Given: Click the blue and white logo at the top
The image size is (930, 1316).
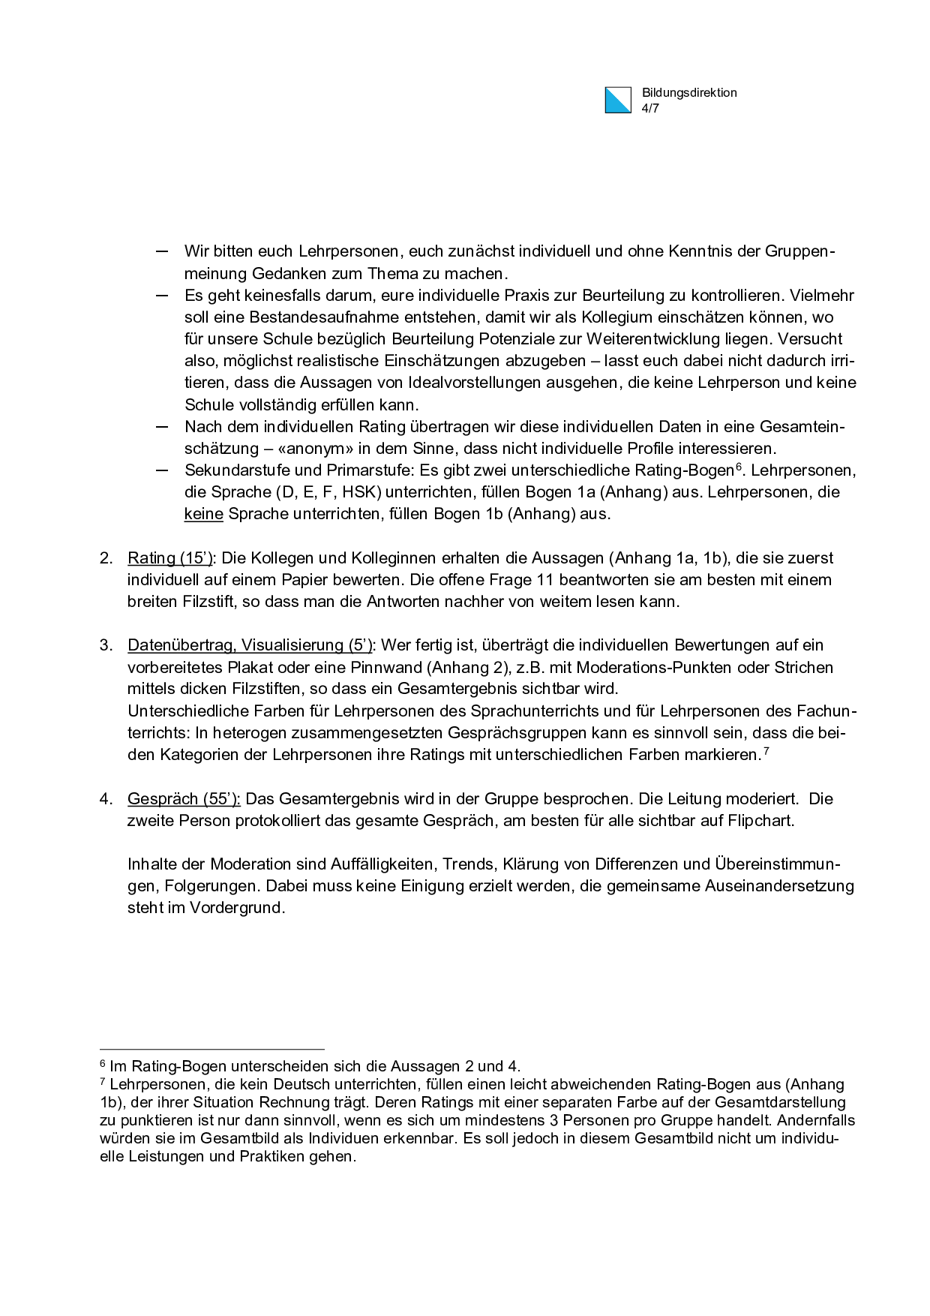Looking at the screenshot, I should pyautogui.click(x=618, y=101).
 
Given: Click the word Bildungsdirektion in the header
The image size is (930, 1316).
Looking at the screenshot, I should pyautogui.click(x=689, y=93).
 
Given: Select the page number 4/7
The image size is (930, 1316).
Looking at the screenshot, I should pyautogui.click(x=650, y=108).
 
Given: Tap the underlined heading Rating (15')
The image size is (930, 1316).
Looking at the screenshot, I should pyautogui.click(x=170, y=558).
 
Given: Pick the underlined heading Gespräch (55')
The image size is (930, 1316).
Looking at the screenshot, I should pyautogui.click(x=184, y=799).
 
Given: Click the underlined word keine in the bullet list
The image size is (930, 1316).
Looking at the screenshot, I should pyautogui.click(x=204, y=514).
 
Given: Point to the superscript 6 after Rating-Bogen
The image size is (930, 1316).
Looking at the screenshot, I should pyautogui.click(x=738, y=467).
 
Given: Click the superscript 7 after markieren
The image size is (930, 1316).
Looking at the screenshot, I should pyautogui.click(x=766, y=750).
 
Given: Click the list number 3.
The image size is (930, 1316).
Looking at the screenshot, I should pyautogui.click(x=106, y=645).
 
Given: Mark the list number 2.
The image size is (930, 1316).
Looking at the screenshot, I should pyautogui.click(x=106, y=558).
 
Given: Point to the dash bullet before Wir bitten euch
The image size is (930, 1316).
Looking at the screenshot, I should pyautogui.click(x=161, y=251).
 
